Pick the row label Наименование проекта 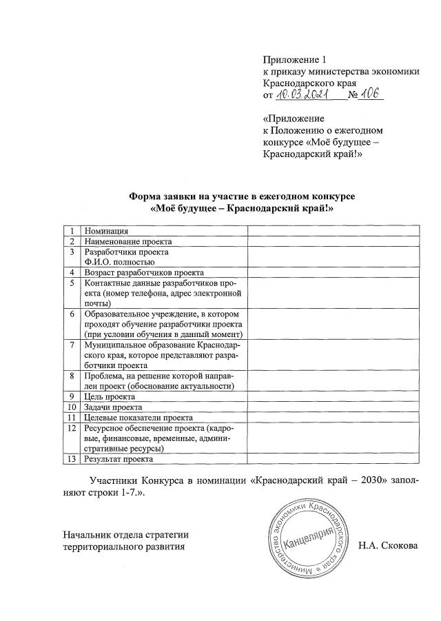point(127,242)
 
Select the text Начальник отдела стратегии point(125,535)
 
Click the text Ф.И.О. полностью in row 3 point(119,262)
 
